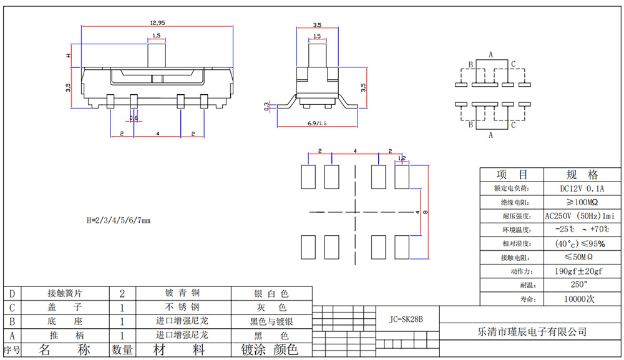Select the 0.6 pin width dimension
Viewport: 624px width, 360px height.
(134, 118)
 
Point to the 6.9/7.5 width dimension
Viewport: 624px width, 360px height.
(318, 124)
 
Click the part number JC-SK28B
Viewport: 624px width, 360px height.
(406, 319)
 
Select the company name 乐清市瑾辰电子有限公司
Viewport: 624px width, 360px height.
(532, 332)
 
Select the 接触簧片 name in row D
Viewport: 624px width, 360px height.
(65, 293)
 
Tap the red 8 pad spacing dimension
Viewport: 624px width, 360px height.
(426, 212)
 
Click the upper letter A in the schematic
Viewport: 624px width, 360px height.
(491, 55)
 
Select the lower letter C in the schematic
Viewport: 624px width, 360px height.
(513, 125)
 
